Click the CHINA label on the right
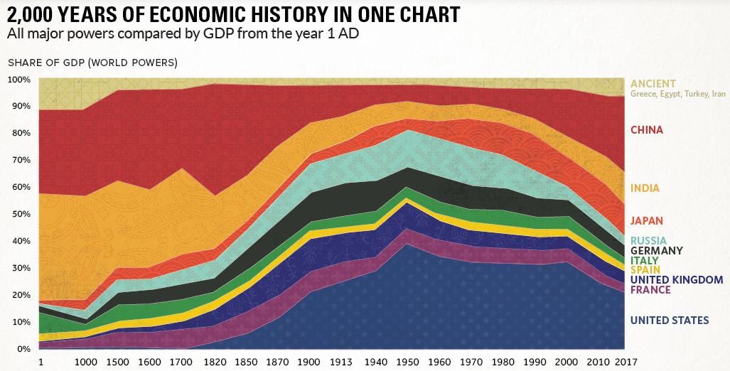[647, 130]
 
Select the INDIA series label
[645, 188]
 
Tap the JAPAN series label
[647, 220]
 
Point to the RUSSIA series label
[648, 241]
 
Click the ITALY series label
[644, 261]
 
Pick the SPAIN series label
[645, 270]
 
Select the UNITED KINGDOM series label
[677, 280]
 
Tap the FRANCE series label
[650, 290]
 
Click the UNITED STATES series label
[670, 321]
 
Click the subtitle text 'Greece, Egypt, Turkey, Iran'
[678, 94]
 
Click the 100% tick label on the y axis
[20, 80]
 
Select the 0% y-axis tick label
[23, 349]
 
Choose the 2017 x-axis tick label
[626, 362]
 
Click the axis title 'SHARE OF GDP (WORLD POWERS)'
[92, 63]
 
